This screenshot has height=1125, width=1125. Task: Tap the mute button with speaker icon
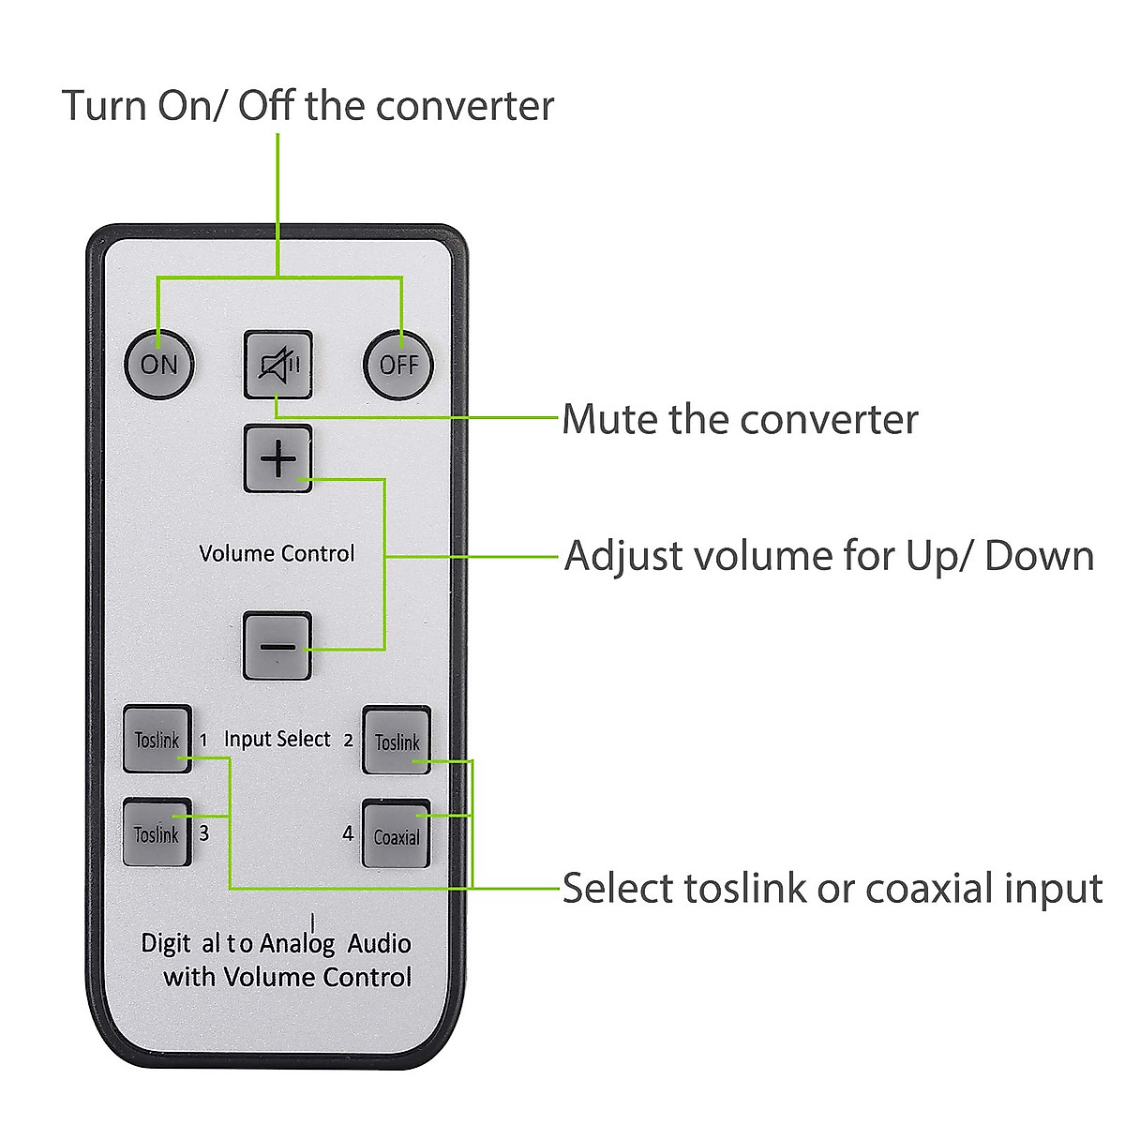pyautogui.click(x=277, y=364)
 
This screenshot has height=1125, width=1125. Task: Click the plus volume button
pyautogui.click(x=277, y=459)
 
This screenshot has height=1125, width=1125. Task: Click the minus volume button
pyautogui.click(x=277, y=646)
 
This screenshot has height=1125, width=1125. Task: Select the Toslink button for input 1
pyautogui.click(x=157, y=740)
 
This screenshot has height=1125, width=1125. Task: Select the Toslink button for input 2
pyautogui.click(x=397, y=742)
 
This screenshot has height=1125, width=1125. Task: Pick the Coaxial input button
pyautogui.click(x=397, y=835)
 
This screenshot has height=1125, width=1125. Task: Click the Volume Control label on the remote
pyautogui.click(x=277, y=553)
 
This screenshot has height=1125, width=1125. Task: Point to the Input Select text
pyautogui.click(x=277, y=739)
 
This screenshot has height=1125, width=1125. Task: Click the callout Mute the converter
pyautogui.click(x=740, y=419)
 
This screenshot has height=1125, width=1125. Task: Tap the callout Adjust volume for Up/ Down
pyautogui.click(x=829, y=556)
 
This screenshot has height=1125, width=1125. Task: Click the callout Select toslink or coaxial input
pyautogui.click(x=832, y=888)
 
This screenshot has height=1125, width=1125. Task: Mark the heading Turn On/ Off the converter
pyautogui.click(x=307, y=105)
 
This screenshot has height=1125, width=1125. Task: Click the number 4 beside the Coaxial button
pyautogui.click(x=348, y=833)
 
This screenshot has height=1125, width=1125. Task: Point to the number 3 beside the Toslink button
pyautogui.click(x=203, y=832)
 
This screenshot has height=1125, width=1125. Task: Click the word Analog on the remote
pyautogui.click(x=297, y=943)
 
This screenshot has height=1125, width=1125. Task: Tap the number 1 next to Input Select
pyautogui.click(x=203, y=740)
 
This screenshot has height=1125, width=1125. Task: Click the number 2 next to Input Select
pyautogui.click(x=348, y=740)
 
